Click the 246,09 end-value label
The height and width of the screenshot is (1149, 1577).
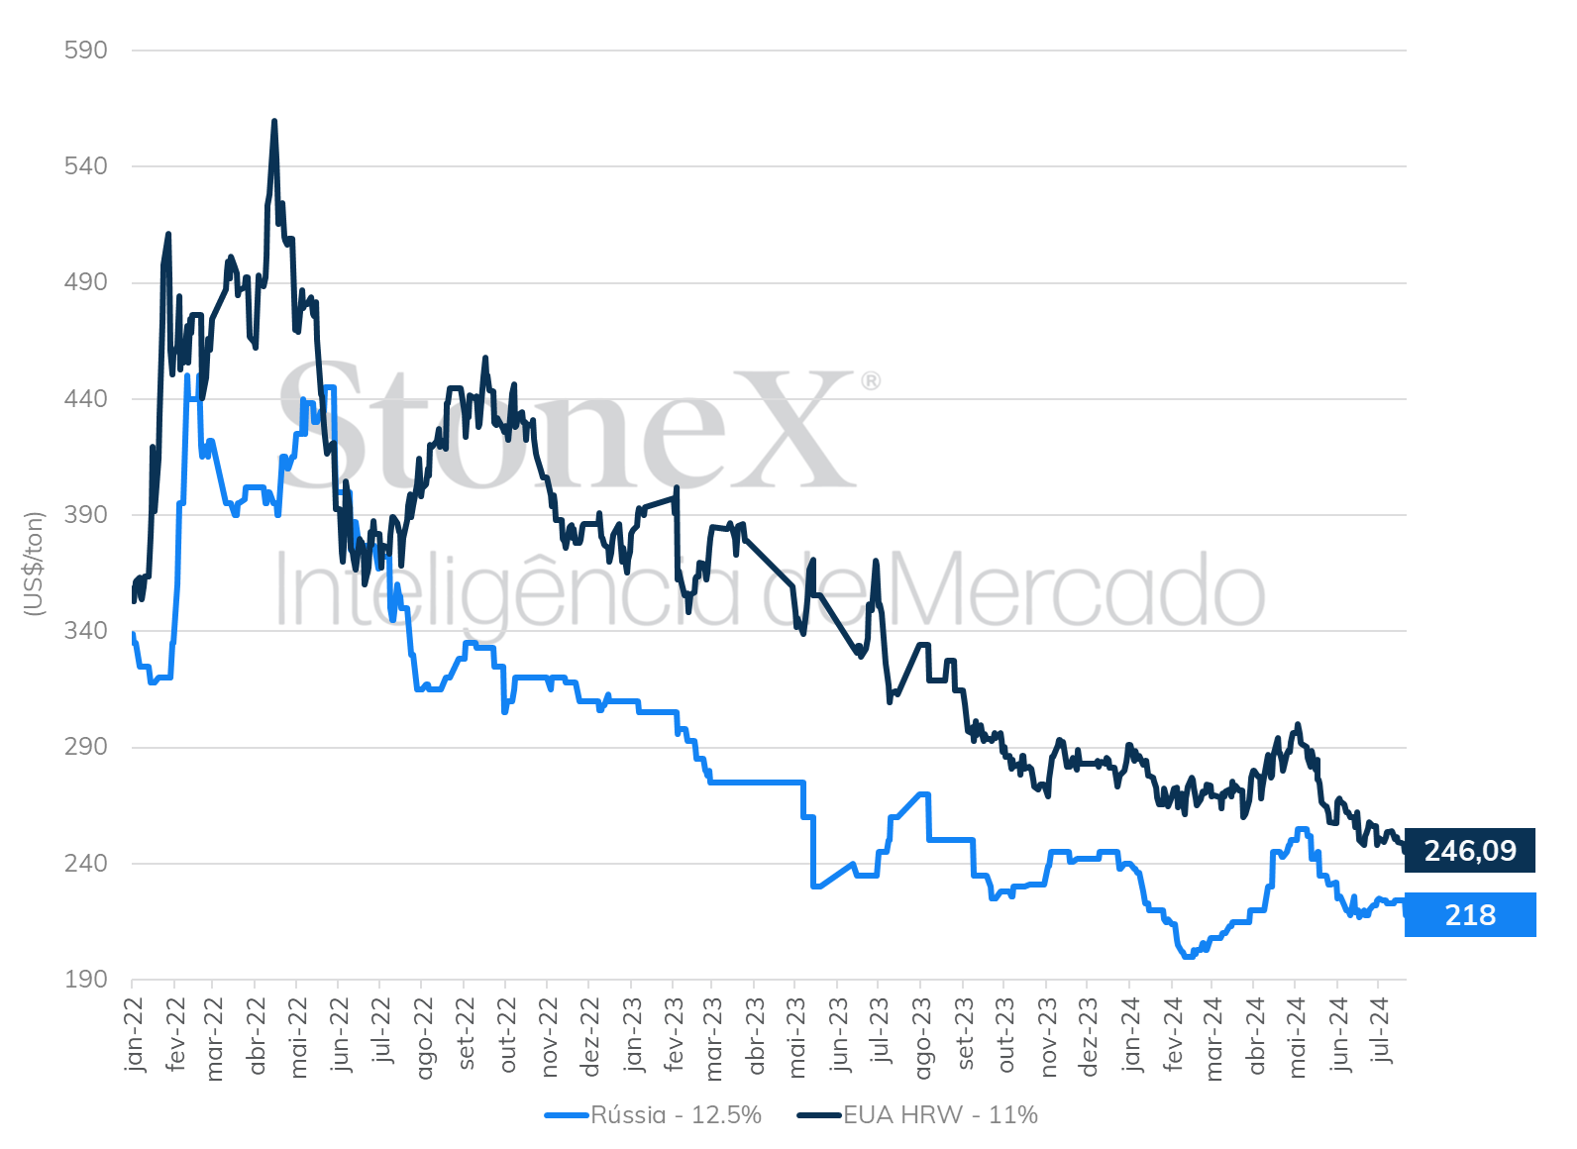pos(1469,851)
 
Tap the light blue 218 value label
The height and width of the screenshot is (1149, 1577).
pos(1470,915)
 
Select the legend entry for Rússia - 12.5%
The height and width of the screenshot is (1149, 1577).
pos(654,1115)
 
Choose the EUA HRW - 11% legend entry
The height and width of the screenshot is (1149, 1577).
pos(917,1115)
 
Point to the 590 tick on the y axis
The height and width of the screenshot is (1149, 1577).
pos(85,50)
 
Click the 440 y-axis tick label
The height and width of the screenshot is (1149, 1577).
pos(85,398)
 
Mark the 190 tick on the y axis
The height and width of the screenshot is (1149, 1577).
pos(85,980)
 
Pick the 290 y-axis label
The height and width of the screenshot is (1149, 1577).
pos(85,747)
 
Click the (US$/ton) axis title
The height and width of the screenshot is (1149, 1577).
pos(33,564)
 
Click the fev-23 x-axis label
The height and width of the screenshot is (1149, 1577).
pos(674,1034)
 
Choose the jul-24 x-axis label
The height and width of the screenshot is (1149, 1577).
pos(1381,1030)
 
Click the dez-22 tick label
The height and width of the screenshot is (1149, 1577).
pos(590,1037)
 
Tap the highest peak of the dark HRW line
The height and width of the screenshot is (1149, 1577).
pos(274,121)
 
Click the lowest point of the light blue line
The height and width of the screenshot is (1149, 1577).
pos(1189,957)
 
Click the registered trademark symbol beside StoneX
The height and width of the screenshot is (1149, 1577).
pos(871,381)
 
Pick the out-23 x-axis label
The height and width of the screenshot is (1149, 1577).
pos(1005,1035)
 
